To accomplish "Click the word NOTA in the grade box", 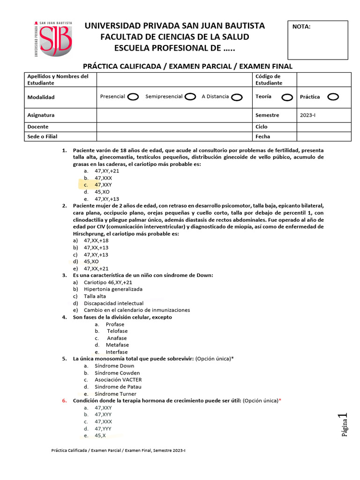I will [x=301, y=27].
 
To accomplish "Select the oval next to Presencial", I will [x=133, y=97].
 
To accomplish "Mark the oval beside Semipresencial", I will [x=190, y=97].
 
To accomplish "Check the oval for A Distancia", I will [x=237, y=97].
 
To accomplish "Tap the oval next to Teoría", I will [x=287, y=97].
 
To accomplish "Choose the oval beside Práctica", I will [x=333, y=97].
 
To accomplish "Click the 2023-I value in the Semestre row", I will [x=308, y=115].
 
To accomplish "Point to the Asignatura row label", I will [x=41, y=115].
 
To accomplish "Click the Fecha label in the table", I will [x=262, y=136].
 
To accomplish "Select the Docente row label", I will [x=38, y=127].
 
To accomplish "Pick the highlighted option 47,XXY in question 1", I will [x=103, y=185].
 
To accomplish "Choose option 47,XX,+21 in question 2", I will [x=96, y=269].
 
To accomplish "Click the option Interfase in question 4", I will [x=116, y=352].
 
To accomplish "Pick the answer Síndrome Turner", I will [x=115, y=394].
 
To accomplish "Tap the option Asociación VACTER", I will [x=118, y=380].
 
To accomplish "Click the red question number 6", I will [x=64, y=401].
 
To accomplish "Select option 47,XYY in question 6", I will [x=103, y=414].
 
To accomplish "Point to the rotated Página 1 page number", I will [x=344, y=425].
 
